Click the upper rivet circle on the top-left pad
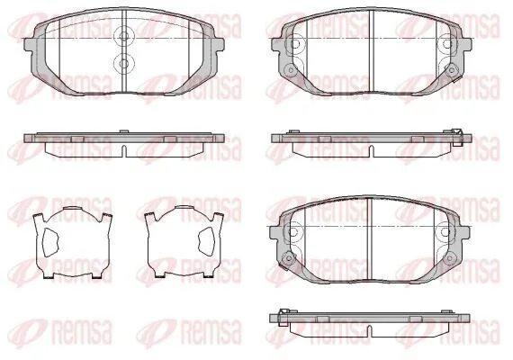point(123,36)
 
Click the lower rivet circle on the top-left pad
point(123,62)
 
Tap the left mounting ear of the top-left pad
point(30,45)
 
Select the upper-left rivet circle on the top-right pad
point(295,44)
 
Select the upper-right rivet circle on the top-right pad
point(448,44)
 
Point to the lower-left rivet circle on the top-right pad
point(290,69)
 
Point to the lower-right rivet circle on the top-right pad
point(452,69)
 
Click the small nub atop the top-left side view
point(123,131)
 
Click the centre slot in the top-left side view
point(123,151)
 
